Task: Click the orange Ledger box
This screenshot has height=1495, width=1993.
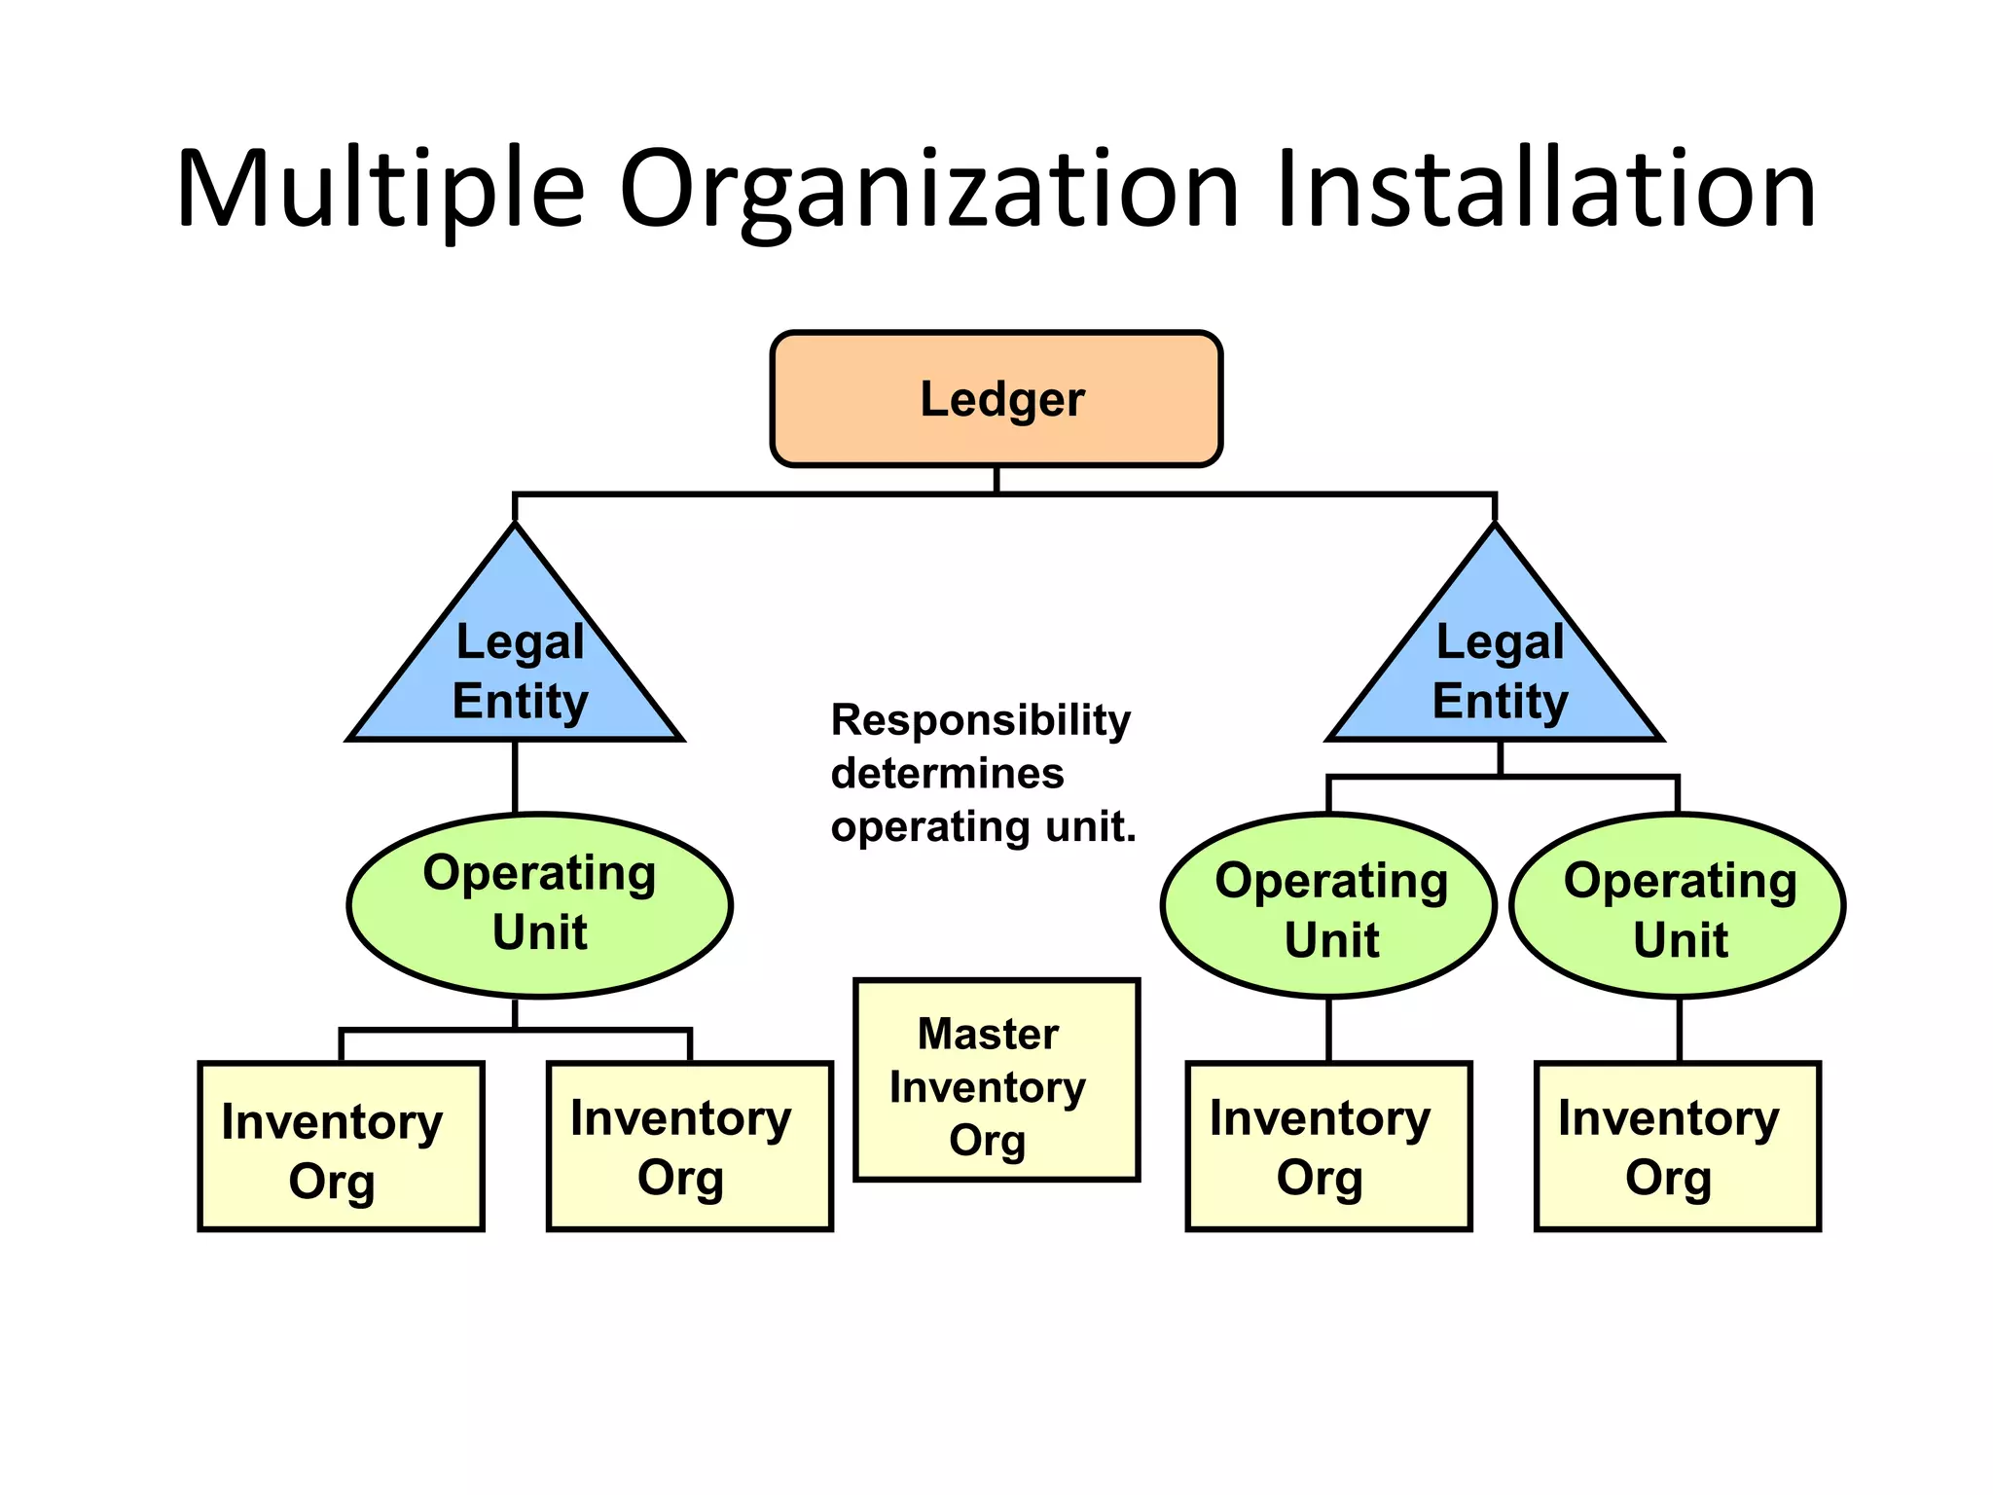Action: click(x=996, y=399)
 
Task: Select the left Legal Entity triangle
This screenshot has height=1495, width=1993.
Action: click(x=516, y=672)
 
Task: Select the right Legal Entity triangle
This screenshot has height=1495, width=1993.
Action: click(x=1496, y=672)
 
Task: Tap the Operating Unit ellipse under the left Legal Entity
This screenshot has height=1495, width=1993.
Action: click(x=539, y=904)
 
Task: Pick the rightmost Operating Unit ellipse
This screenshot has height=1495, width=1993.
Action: click(x=1678, y=906)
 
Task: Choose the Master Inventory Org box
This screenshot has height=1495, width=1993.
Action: click(x=996, y=1080)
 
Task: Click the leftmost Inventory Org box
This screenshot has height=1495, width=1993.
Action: click(x=341, y=1147)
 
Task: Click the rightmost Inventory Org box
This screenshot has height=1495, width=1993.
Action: click(x=1677, y=1147)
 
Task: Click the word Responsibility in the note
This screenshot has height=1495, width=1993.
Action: click(x=980, y=720)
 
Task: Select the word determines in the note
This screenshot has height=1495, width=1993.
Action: click(x=947, y=774)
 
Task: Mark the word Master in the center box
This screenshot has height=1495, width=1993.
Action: click(x=988, y=1034)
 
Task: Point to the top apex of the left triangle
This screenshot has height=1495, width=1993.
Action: click(x=516, y=528)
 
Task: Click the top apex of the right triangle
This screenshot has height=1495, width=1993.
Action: click(x=1495, y=528)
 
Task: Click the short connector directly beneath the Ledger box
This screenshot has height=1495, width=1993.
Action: click(x=996, y=480)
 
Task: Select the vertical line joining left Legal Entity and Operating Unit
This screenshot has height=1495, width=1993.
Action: click(x=515, y=776)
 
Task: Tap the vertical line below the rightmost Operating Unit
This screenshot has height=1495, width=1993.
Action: click(x=1679, y=1030)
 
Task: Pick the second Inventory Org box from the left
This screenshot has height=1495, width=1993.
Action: click(x=690, y=1147)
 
